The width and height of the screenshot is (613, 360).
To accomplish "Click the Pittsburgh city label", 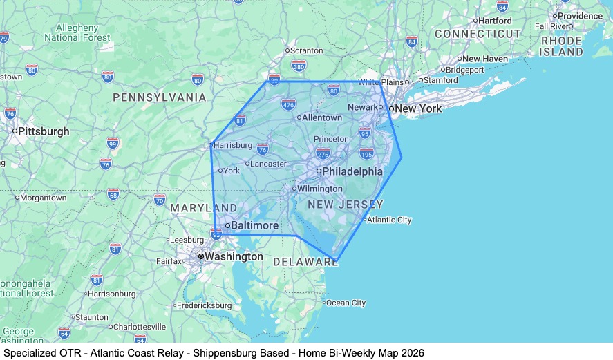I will pyautogui.click(x=43, y=131).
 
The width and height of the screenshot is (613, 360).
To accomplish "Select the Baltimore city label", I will pyautogui.click(x=254, y=225).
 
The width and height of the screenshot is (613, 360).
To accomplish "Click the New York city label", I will pyautogui.click(x=418, y=108).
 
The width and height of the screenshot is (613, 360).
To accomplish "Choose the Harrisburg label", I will pyautogui.click(x=233, y=145).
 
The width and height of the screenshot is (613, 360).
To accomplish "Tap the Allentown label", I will pyautogui.click(x=321, y=117).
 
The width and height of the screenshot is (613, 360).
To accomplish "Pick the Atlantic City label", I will pyautogui.click(x=389, y=220).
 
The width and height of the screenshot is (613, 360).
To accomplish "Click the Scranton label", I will pyautogui.click(x=306, y=50).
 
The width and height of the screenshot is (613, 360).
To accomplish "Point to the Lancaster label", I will pyautogui.click(x=268, y=164).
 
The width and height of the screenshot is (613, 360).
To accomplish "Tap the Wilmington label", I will pyautogui.click(x=320, y=188).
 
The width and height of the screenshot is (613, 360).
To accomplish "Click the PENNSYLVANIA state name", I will pyautogui.click(x=160, y=97).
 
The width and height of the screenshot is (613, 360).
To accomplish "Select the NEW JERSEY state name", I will pyautogui.click(x=345, y=205).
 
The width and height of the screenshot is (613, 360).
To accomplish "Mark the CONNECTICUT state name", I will pyautogui.click(x=478, y=33).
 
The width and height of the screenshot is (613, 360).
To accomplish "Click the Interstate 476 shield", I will pyautogui.click(x=288, y=104).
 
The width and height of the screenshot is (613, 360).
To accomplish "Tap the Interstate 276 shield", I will pyautogui.click(x=323, y=153).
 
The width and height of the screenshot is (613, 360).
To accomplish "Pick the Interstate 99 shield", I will pyautogui.click(x=113, y=143).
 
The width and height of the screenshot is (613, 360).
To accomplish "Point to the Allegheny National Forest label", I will pyautogui.click(x=77, y=32).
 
